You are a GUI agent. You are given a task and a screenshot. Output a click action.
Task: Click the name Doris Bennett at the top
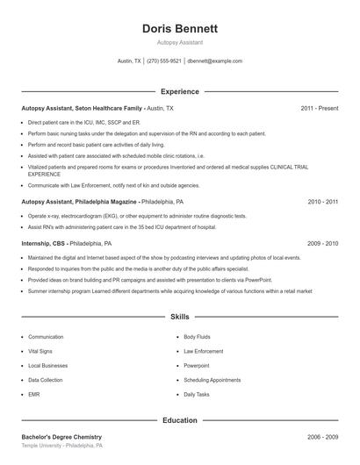pyautogui.click(x=180, y=29)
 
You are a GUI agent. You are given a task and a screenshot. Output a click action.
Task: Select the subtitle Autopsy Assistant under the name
pyautogui.click(x=180, y=42)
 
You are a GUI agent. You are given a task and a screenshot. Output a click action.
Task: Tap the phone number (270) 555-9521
pyautogui.click(x=164, y=61)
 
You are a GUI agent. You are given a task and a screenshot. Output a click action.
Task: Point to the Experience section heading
pyautogui.click(x=180, y=91)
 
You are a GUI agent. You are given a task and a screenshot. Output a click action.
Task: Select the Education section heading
pyautogui.click(x=180, y=420)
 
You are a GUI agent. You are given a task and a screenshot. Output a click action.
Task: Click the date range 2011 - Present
pyautogui.click(x=320, y=108)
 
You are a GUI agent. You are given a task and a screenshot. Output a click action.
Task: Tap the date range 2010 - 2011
pyautogui.click(x=323, y=201)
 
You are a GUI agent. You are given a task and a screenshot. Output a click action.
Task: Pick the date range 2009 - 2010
pyautogui.click(x=323, y=243)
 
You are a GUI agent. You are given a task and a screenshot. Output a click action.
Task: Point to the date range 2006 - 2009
pyautogui.click(x=323, y=437)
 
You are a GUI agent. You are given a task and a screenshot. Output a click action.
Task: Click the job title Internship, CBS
pyautogui.click(x=43, y=243)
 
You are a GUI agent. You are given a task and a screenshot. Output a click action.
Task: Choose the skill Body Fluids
pyautogui.click(x=197, y=337)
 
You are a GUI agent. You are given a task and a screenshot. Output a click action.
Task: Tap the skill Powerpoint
pyautogui.click(x=197, y=366)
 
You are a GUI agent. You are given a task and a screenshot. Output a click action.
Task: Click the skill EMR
pyautogui.click(x=34, y=395)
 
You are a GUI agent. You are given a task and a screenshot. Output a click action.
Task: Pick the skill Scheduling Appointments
pyautogui.click(x=212, y=380)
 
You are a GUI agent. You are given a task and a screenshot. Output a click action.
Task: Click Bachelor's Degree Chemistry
pyautogui.click(x=61, y=437)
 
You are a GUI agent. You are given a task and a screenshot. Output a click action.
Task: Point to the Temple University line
pyautogui.click(x=62, y=447)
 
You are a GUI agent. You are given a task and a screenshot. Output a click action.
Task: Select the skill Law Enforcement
pyautogui.click(x=204, y=351)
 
